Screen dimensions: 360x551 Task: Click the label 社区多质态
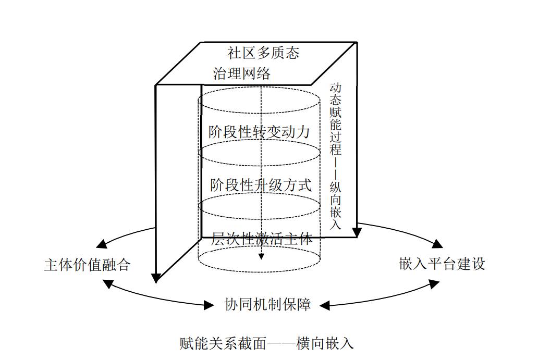pyautogui.click(x=263, y=53)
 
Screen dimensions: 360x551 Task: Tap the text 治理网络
pyautogui.click(x=242, y=73)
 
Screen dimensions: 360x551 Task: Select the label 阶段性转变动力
pyautogui.click(x=259, y=131)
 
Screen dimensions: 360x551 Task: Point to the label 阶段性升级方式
pyautogui.click(x=261, y=185)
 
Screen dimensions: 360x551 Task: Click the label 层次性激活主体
pyautogui.click(x=262, y=239)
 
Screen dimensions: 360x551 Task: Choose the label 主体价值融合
pyautogui.click(x=87, y=265)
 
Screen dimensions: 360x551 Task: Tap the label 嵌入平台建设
pyautogui.click(x=442, y=264)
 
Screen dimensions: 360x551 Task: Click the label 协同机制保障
pyautogui.click(x=267, y=304)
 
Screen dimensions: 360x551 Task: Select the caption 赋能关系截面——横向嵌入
pyautogui.click(x=266, y=343)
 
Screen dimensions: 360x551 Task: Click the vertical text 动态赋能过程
pyautogui.click(x=335, y=119)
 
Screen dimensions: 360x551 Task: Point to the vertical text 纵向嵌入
pyautogui.click(x=335, y=205)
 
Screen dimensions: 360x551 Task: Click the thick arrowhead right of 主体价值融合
pyautogui.click(x=155, y=278)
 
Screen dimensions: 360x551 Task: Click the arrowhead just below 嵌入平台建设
pyautogui.click(x=434, y=283)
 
